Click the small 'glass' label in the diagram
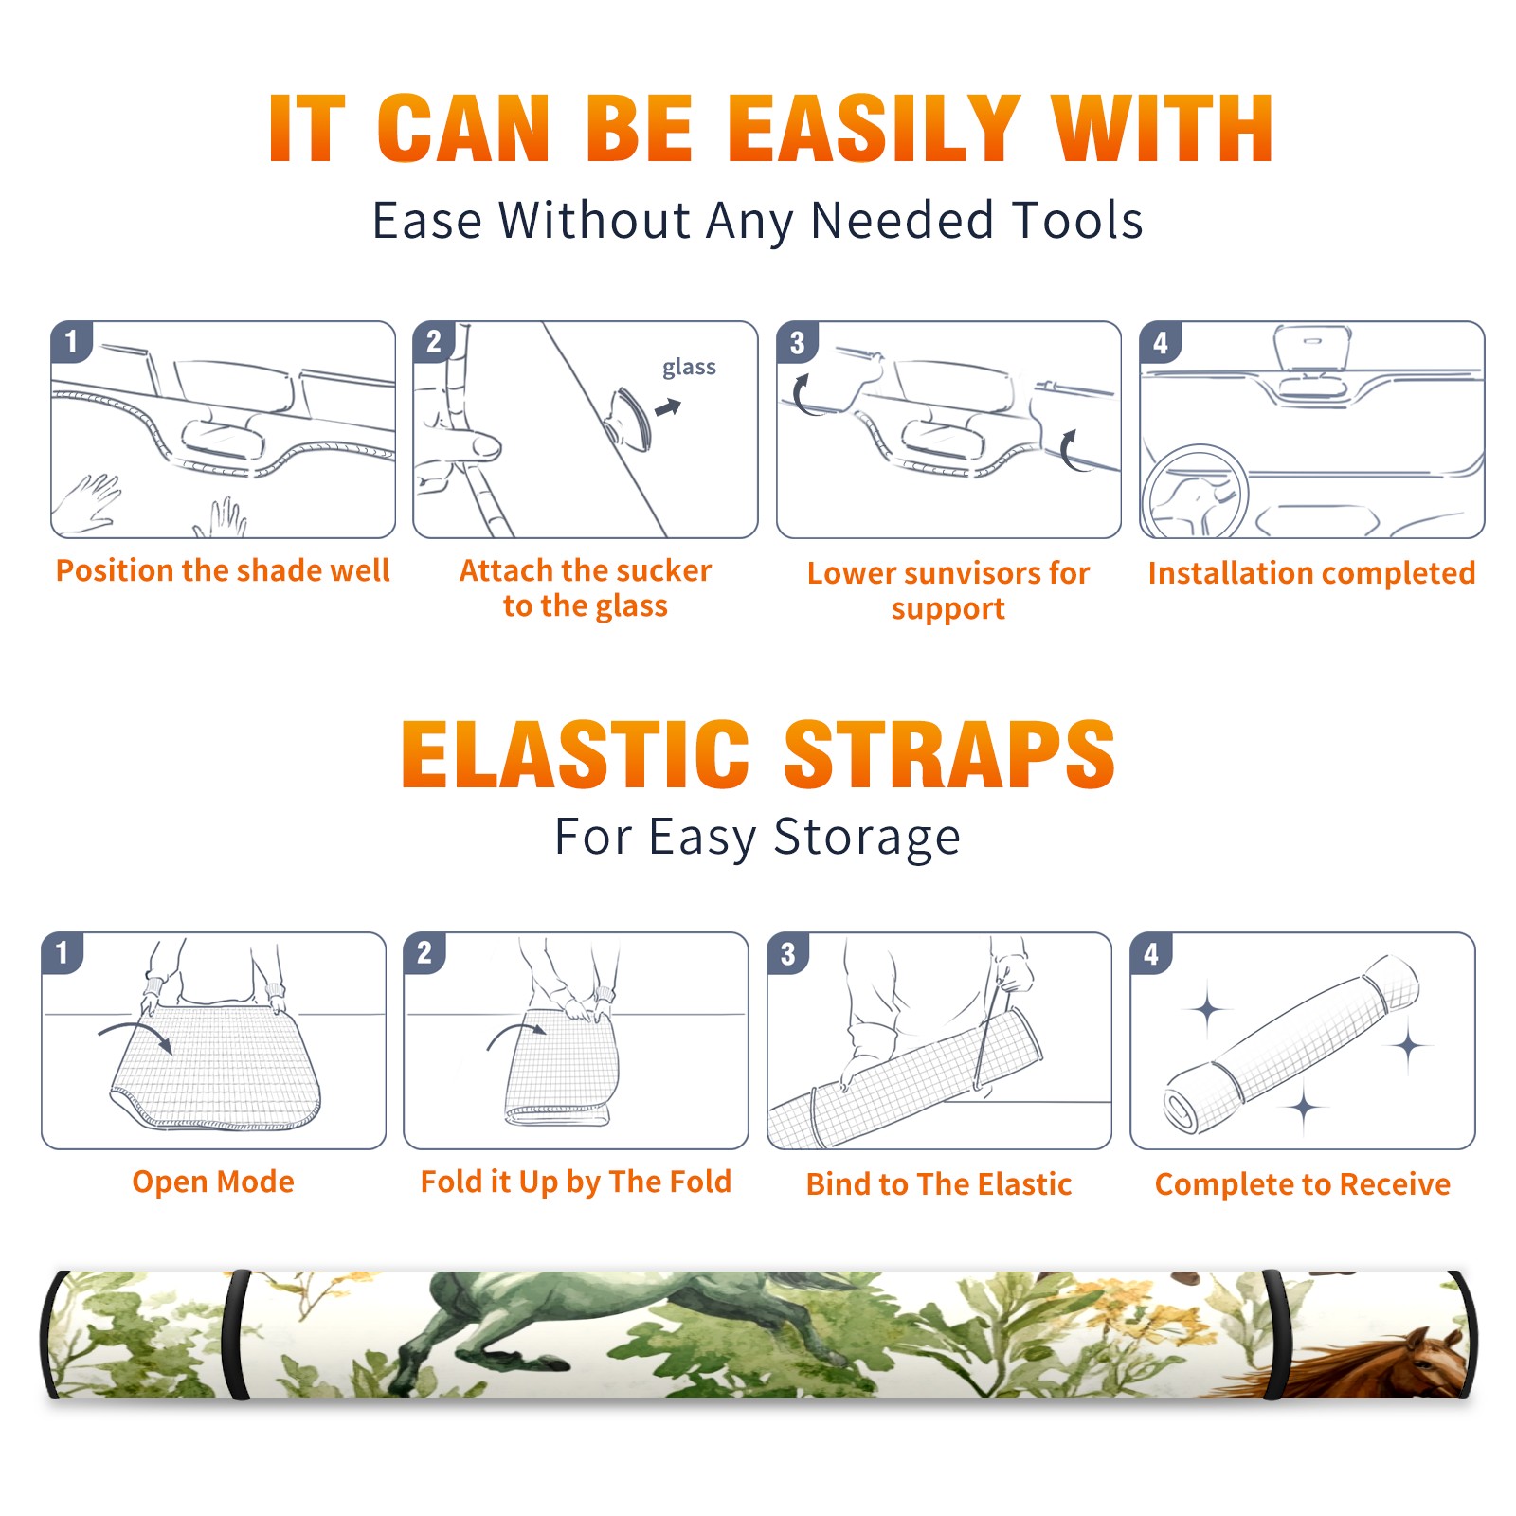pos(689,368)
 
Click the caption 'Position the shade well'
pos(223,570)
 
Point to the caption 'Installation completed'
pos(1311,572)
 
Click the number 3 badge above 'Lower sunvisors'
pos(798,342)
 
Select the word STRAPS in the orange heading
pos(949,754)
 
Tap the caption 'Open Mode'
pos(213,1182)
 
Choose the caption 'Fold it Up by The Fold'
pos(576,1182)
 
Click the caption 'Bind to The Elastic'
pos(939,1184)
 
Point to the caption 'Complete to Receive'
pos(1303,1184)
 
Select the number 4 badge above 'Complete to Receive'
pos(1151,953)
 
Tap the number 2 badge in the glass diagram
pos(434,342)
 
